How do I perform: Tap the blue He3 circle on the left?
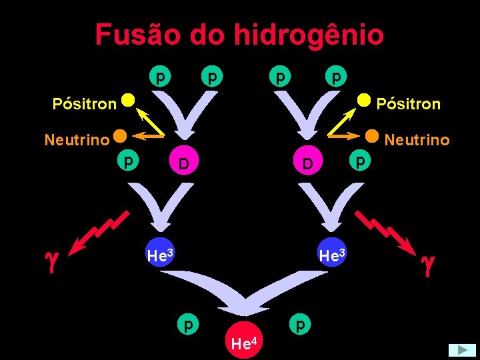coord(160,254)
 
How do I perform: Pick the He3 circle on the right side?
coord(333,254)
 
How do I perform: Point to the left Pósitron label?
coord(84,104)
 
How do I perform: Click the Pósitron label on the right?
coord(408,104)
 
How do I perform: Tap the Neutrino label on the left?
coord(76,140)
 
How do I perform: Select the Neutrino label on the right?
coord(417,140)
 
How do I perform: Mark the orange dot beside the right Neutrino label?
coord(372,135)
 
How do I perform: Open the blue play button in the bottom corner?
coord(461,350)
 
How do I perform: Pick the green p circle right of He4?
coord(301,324)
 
